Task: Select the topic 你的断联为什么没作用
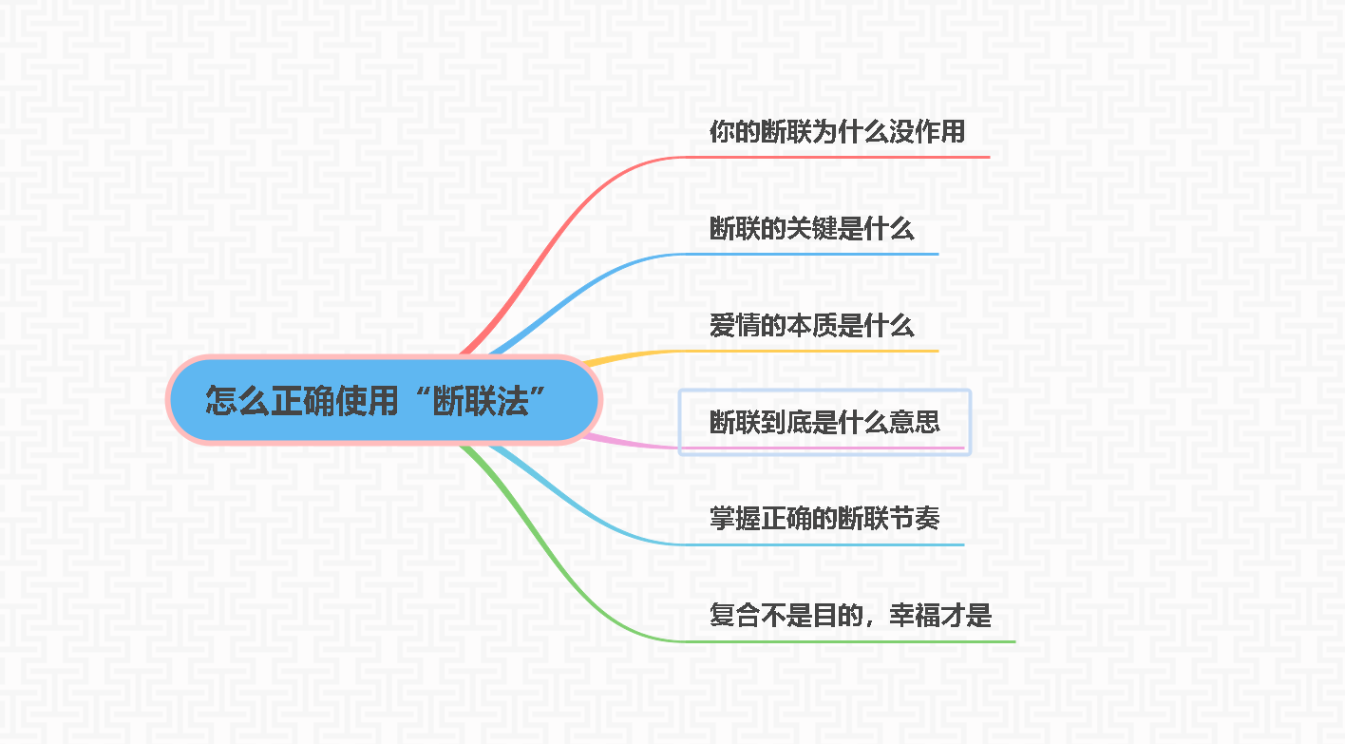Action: point(837,132)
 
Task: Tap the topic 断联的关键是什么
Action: point(811,229)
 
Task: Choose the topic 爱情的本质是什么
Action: point(811,326)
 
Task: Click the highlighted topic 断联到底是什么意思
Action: point(824,421)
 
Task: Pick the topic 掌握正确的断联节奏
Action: point(824,519)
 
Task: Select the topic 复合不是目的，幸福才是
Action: point(850,616)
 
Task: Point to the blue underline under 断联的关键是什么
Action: point(817,254)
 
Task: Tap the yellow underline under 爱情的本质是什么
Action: point(817,351)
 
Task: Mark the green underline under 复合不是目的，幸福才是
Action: point(855,641)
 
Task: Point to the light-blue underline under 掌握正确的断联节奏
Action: point(826,544)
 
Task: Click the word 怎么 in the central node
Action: point(237,401)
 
